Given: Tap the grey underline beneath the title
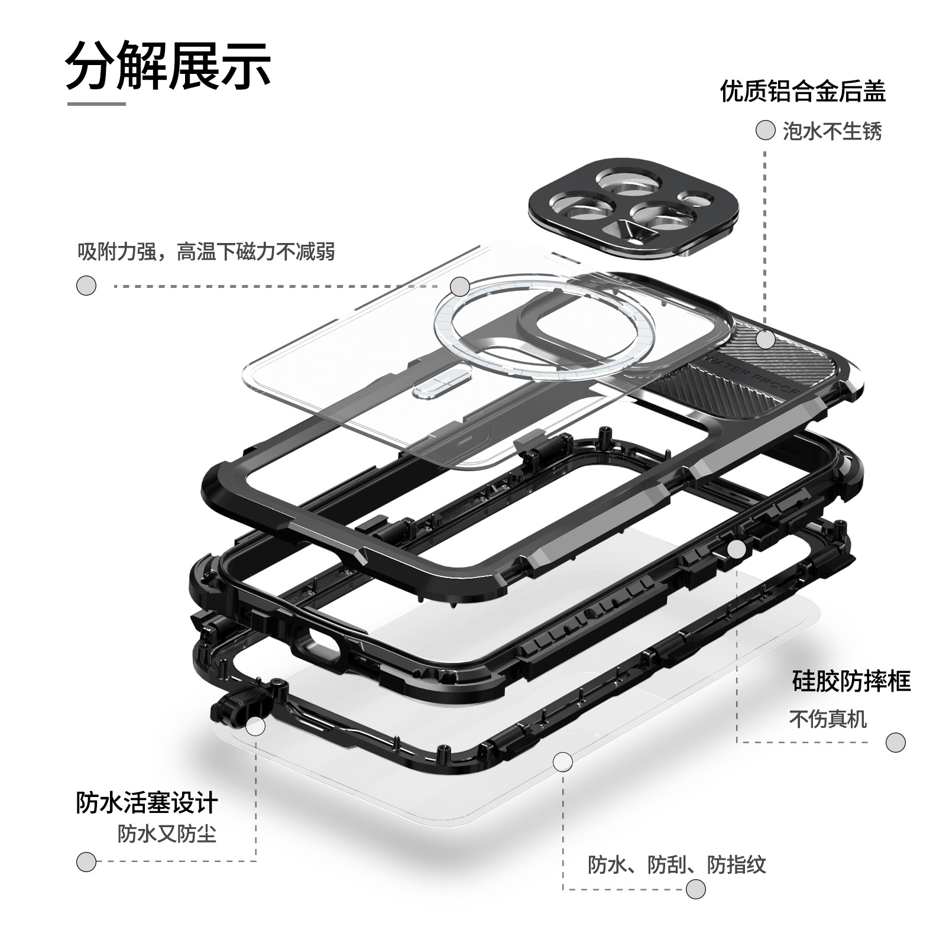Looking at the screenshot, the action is [x=96, y=104].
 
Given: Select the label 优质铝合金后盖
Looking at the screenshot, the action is [x=803, y=92].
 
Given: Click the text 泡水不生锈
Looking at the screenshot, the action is [x=832, y=131].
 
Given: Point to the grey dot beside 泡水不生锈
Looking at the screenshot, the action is [x=766, y=131].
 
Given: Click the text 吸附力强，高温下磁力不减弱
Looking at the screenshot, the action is [x=206, y=252].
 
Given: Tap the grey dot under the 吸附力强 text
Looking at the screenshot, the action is [x=86, y=286].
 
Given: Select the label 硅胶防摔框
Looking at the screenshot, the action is [x=851, y=681].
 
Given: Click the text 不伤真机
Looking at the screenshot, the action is [x=828, y=720].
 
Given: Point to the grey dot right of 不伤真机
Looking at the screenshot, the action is [x=896, y=743].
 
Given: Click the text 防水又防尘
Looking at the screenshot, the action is [x=167, y=834].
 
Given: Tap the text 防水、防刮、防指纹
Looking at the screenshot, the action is [x=677, y=865].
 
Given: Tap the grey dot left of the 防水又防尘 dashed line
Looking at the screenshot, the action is [x=86, y=861].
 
